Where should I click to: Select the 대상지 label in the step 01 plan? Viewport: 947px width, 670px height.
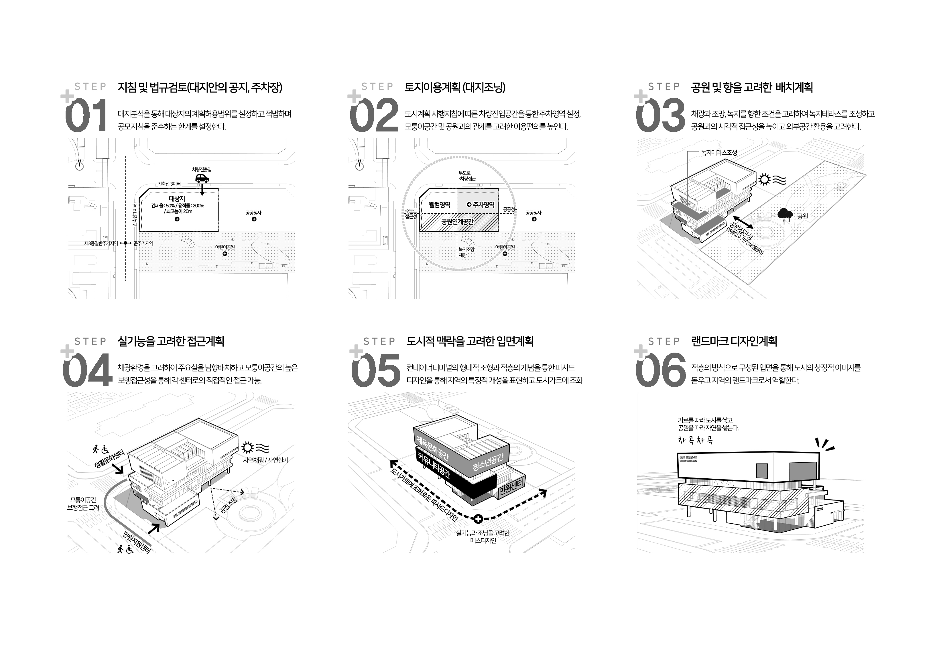click(x=177, y=199)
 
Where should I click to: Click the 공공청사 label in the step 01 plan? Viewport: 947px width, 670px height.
click(x=253, y=213)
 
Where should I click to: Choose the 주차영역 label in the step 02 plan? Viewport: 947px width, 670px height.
click(x=481, y=205)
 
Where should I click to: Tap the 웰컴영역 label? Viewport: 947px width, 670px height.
click(x=439, y=205)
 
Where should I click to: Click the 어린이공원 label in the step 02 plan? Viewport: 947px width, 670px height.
click(x=505, y=247)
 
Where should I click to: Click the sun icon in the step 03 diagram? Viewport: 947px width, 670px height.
click(x=765, y=180)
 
